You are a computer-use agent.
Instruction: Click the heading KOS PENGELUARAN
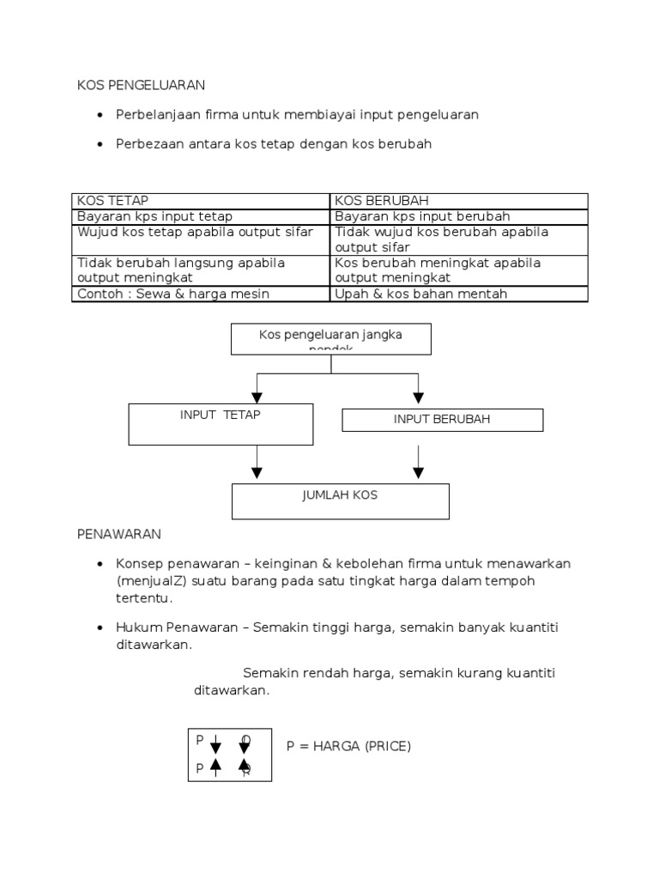click(142, 85)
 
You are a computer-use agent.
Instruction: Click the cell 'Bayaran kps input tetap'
click(154, 216)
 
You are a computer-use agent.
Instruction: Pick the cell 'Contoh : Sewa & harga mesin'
click(173, 294)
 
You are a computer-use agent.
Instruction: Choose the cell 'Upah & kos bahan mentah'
click(421, 294)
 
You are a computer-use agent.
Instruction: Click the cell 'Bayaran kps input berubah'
click(423, 216)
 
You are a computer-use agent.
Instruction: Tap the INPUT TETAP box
click(221, 424)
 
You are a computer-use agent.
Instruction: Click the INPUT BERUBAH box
click(442, 420)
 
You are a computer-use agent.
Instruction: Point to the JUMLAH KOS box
click(340, 501)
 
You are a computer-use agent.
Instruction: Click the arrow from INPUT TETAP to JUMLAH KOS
click(257, 463)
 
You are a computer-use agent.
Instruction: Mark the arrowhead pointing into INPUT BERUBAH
click(418, 397)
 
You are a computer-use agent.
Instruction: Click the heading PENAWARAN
click(118, 534)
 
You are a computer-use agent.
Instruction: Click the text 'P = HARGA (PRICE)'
click(348, 746)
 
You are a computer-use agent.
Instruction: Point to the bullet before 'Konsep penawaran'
click(100, 564)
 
